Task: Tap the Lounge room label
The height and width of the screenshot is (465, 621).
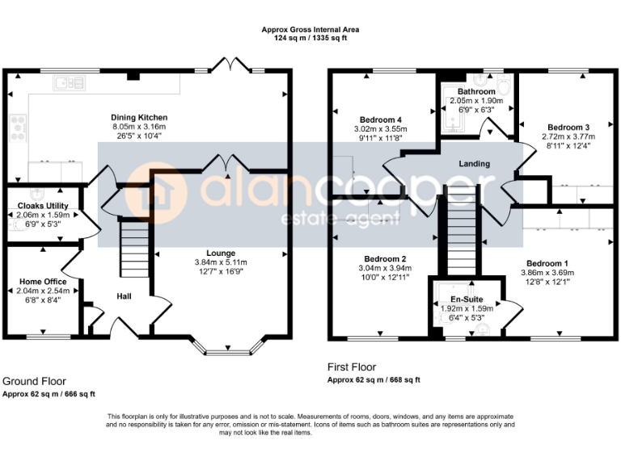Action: pos(220,253)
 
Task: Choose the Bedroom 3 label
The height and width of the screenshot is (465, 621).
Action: pos(568,128)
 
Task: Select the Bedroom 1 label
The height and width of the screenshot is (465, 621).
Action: pos(547,263)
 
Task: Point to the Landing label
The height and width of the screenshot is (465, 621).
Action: pos(474,164)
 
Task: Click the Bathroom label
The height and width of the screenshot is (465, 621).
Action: pos(475,92)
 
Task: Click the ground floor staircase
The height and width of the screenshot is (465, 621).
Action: pos(134,250)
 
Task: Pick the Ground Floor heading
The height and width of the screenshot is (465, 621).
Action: pos(34,381)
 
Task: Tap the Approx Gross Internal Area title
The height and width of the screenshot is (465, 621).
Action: pos(310,30)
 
